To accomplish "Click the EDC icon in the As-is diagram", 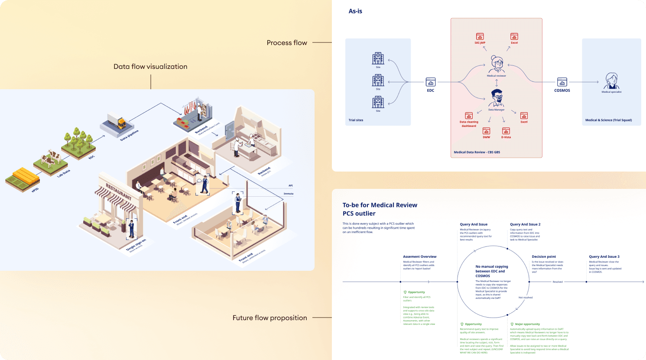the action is (x=430, y=82).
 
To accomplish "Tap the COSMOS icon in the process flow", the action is (x=562, y=82).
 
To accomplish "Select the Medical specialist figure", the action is (x=611, y=81).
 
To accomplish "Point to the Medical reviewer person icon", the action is (x=497, y=64).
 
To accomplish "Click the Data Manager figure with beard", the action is (x=497, y=98).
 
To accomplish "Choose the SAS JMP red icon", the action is (x=480, y=37).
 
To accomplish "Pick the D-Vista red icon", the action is (x=506, y=131).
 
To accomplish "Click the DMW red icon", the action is (x=487, y=131).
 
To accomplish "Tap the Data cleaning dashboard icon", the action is (x=469, y=116).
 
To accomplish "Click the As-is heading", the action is (x=355, y=11).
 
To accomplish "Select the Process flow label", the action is (x=287, y=42).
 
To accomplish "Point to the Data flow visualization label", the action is (x=150, y=66).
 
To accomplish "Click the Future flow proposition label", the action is (x=269, y=318).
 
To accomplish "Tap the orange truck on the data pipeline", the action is (x=121, y=123).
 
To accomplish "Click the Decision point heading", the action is (x=544, y=256).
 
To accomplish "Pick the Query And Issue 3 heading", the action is (x=604, y=256).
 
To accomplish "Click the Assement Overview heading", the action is (x=419, y=256).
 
